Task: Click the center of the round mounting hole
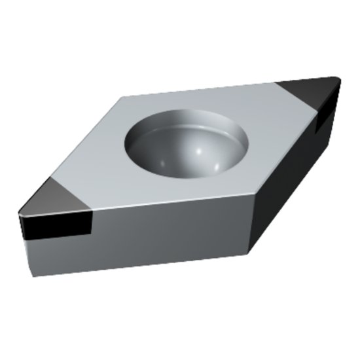187,143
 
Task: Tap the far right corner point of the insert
340,80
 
